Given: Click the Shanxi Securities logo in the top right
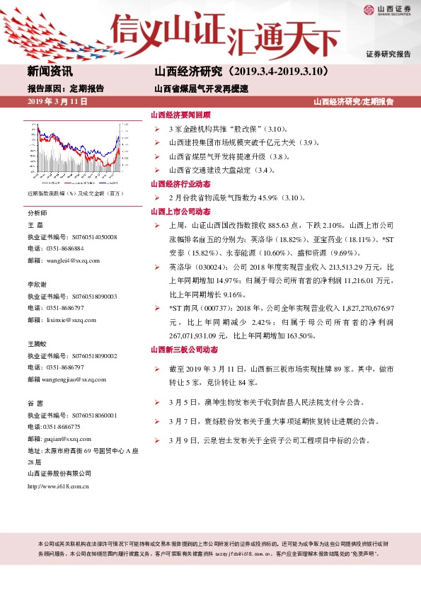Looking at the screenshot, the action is point(388,10).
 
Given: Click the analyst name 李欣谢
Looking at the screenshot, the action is point(38,284).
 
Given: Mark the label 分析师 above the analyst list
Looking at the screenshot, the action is point(37,213).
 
